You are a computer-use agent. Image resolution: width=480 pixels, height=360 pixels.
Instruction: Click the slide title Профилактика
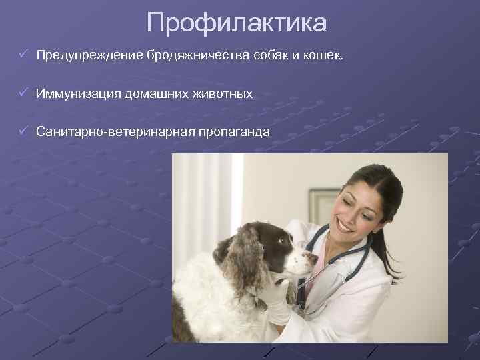237,23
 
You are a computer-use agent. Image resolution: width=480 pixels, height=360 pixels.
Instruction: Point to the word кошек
324,54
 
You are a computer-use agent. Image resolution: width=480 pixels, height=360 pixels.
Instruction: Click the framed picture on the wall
323,207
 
